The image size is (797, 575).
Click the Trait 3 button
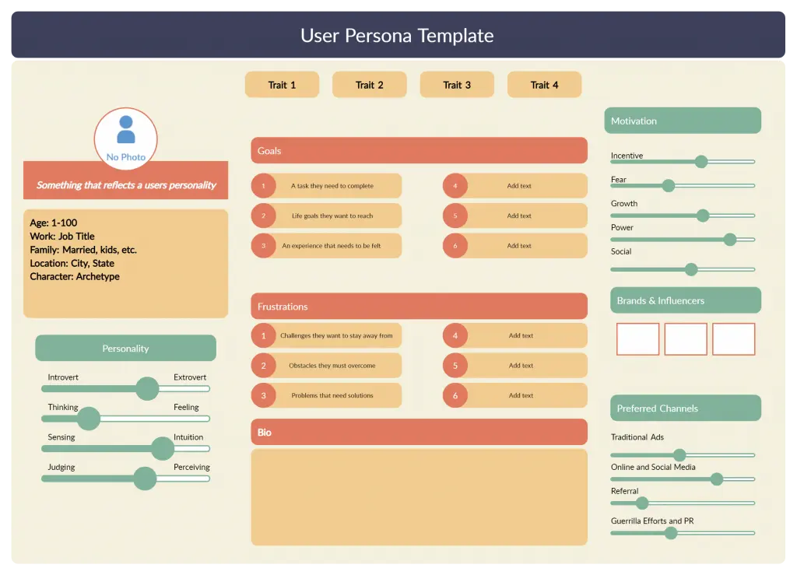457,85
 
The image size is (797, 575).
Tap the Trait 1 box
282,85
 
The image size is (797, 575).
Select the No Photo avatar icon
126,130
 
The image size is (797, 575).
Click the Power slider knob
729,239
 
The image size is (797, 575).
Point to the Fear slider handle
668,185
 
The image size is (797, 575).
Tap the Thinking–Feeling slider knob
89,419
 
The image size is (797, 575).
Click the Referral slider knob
642,503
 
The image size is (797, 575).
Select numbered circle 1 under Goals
263,186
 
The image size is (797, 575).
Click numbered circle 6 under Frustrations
455,395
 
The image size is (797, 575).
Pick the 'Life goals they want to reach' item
332,216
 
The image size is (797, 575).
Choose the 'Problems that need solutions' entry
332,395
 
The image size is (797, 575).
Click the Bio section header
419,432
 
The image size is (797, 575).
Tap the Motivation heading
683,121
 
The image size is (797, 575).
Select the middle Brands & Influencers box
686,339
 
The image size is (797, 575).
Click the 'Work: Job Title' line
61,237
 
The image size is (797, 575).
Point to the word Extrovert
190,377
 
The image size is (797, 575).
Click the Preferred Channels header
686,408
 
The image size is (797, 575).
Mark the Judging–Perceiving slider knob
145,479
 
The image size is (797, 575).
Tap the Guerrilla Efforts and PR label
652,521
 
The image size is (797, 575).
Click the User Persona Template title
397,36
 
